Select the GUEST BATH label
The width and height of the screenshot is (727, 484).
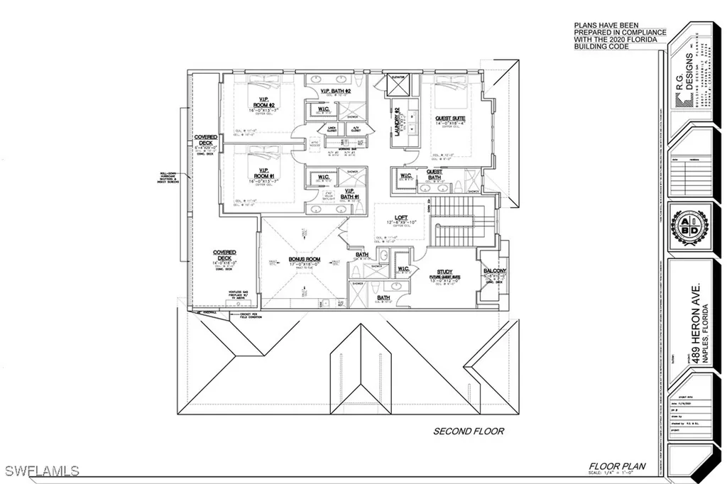pyautogui.click(x=434, y=175)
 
